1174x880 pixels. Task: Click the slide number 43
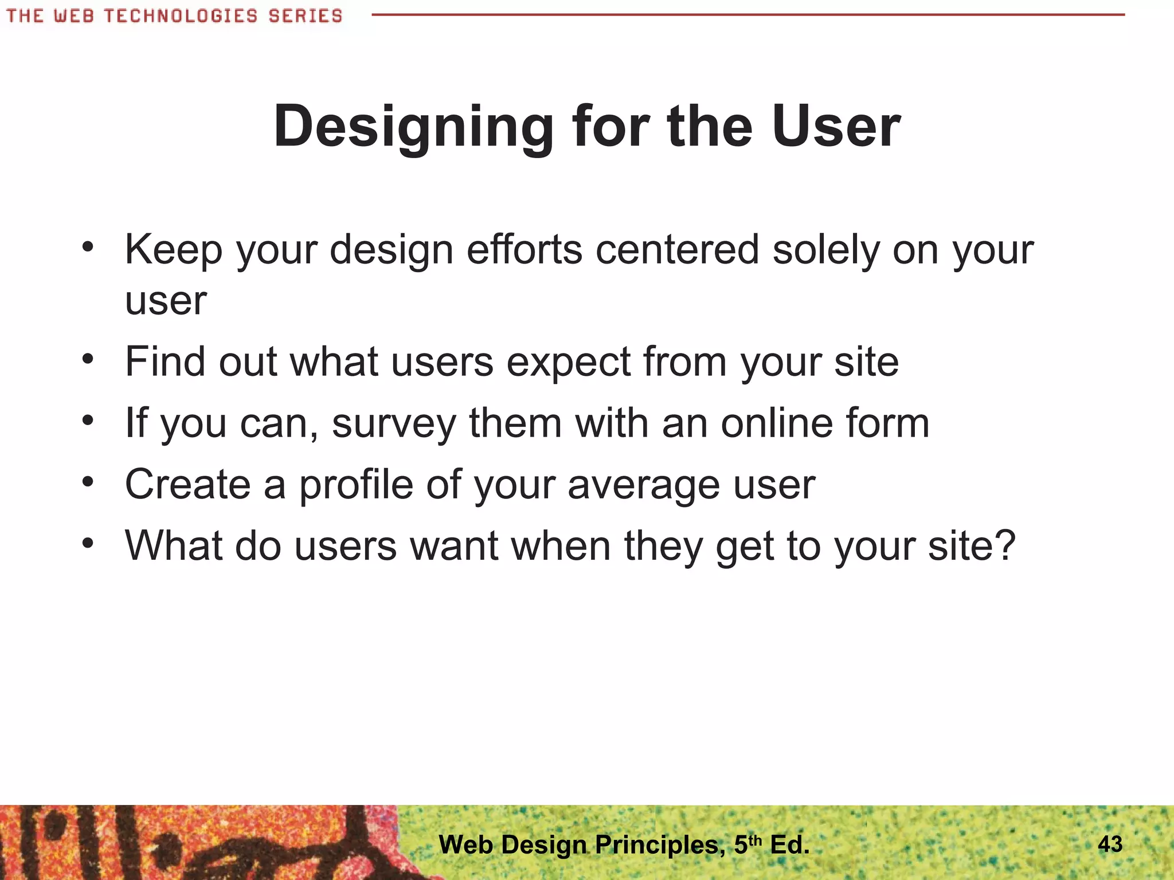1110,843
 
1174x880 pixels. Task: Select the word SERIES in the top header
305,15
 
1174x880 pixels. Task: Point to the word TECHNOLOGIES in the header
181,15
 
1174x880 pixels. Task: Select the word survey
394,425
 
